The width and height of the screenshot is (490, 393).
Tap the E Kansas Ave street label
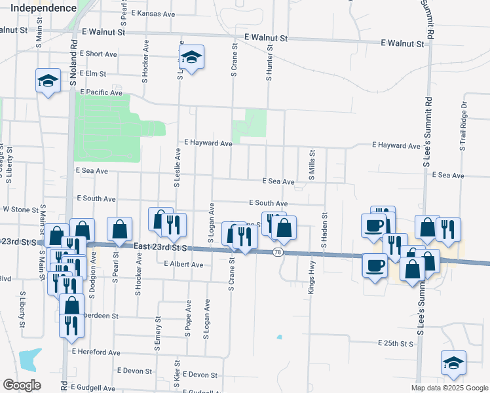[x=153, y=13]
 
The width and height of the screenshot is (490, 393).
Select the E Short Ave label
[x=99, y=54]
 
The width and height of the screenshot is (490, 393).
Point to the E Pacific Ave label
[x=102, y=93]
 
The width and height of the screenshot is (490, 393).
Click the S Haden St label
[x=324, y=229]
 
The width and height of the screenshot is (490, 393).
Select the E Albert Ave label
[x=183, y=265]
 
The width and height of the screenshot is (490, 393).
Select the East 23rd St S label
[x=160, y=247]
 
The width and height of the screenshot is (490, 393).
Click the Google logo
[x=22, y=385]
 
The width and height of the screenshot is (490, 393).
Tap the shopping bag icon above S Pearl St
[x=119, y=229]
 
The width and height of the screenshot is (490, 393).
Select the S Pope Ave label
[x=188, y=319]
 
